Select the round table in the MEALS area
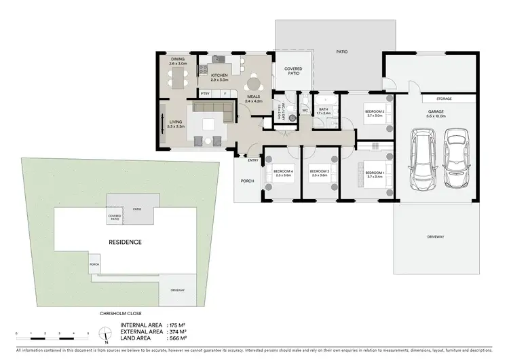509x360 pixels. [x=254, y=84]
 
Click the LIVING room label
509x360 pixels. [x=176, y=123]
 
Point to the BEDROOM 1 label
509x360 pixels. [x=375, y=174]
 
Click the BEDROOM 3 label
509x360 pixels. [x=319, y=173]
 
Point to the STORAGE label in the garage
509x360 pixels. [x=445, y=98]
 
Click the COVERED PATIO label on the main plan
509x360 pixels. [x=293, y=71]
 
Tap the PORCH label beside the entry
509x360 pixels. [x=247, y=181]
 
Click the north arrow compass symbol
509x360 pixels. [x=105, y=334]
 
